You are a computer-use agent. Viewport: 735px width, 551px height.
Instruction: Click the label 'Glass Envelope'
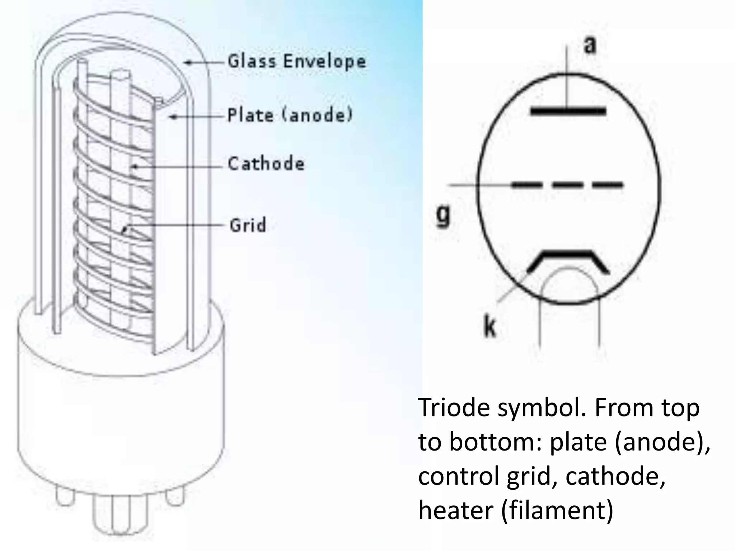coord(297,61)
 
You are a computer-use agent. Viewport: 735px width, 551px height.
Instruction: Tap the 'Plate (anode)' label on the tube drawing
coord(290,116)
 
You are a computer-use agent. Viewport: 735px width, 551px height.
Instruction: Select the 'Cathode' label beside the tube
coord(266,164)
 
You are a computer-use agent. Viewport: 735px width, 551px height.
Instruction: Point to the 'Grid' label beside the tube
coord(248,225)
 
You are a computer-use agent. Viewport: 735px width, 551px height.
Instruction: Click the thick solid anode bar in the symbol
coord(568,111)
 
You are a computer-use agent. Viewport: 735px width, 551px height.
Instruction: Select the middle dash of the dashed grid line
coord(568,185)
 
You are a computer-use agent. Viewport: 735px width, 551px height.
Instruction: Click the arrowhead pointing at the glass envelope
coord(187,63)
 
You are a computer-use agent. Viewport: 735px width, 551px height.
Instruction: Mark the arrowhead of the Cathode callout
coord(134,166)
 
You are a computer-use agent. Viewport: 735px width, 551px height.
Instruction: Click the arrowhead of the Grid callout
coord(124,230)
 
